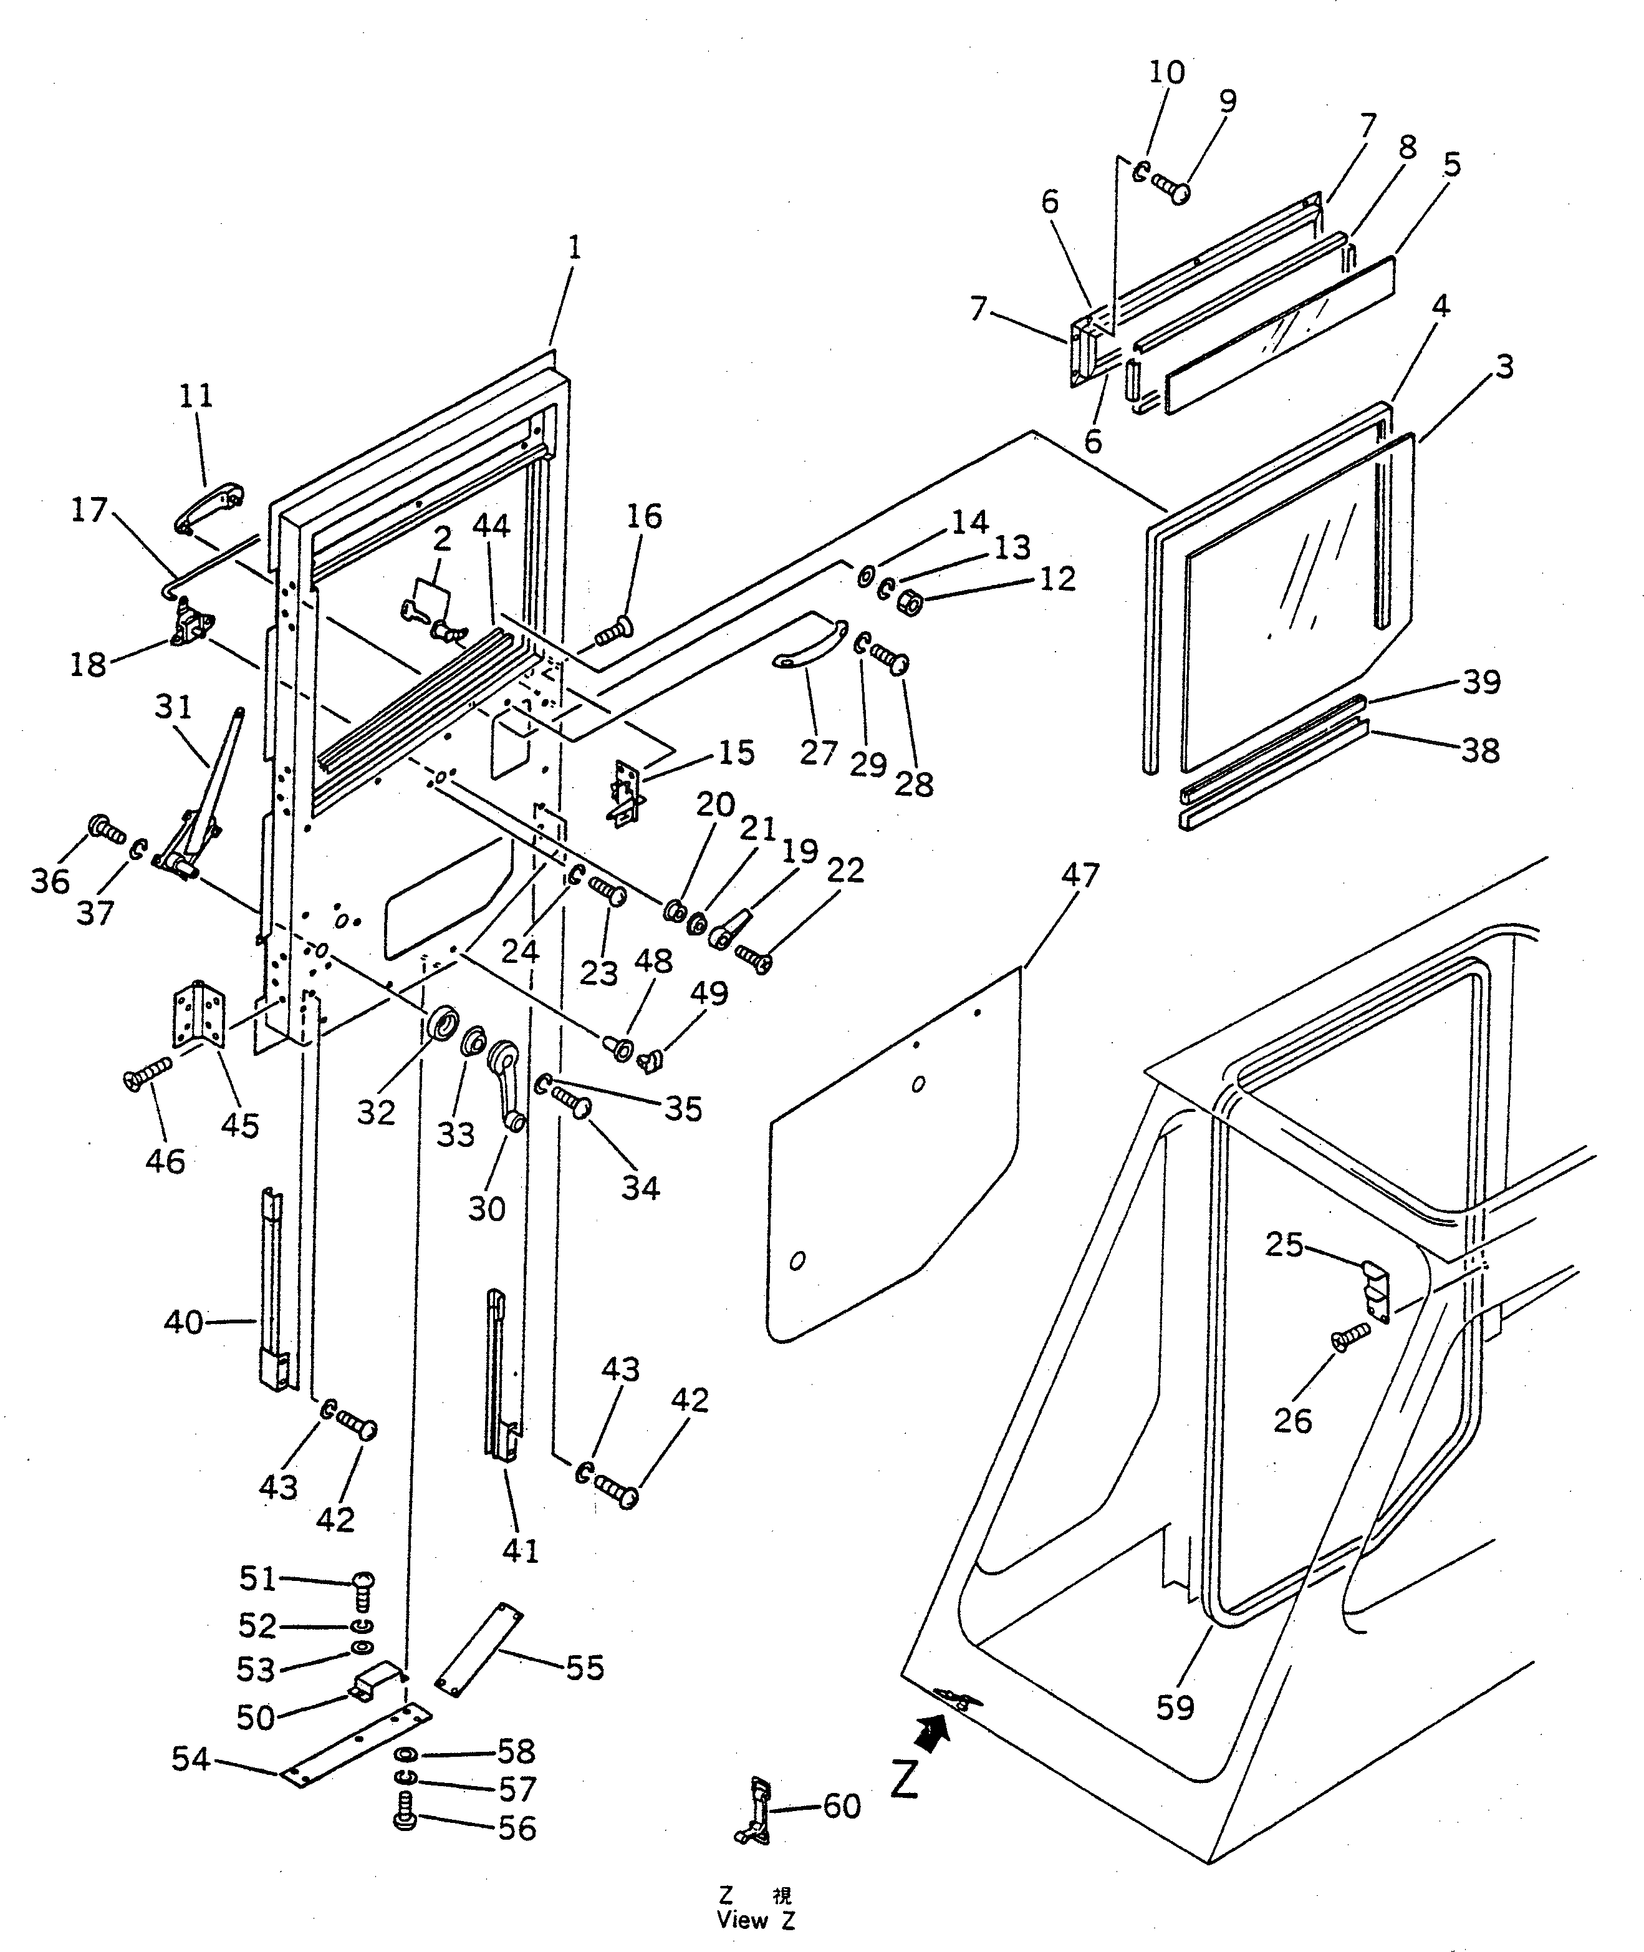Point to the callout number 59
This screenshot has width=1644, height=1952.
(x=1175, y=1707)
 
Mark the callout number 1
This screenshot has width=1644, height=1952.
(x=574, y=248)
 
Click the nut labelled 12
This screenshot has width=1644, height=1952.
(x=910, y=605)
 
